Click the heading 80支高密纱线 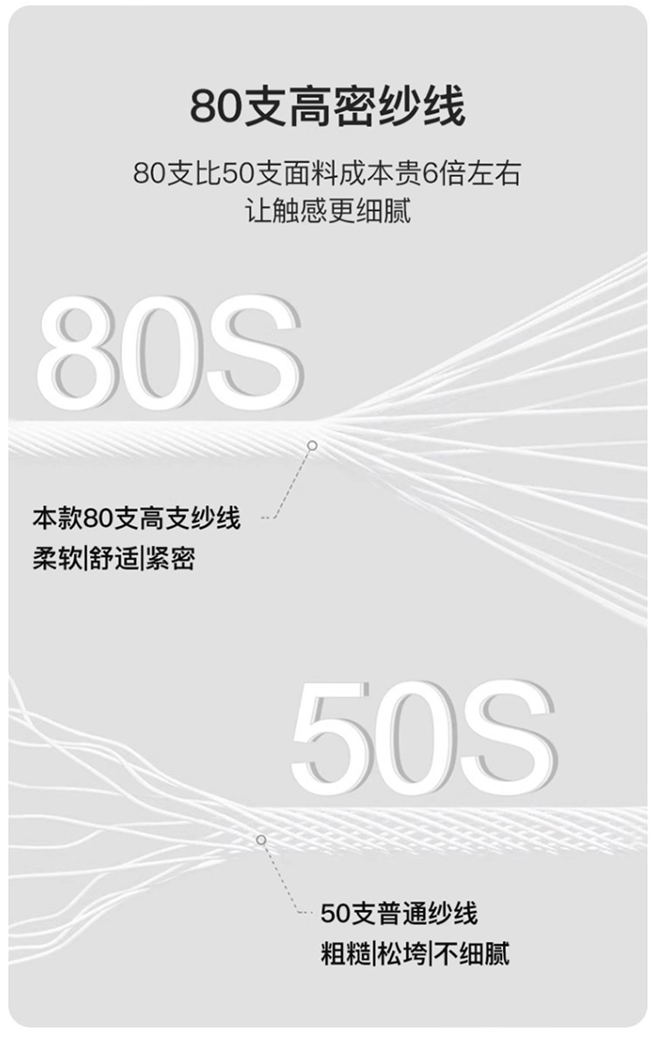pyautogui.click(x=327, y=107)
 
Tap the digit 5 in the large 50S pyautogui.click(x=334, y=737)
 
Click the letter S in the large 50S pyautogui.click(x=509, y=737)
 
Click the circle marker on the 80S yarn pyautogui.click(x=312, y=446)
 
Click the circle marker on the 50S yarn pyautogui.click(x=260, y=839)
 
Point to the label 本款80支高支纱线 pyautogui.click(x=136, y=519)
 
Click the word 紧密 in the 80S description pyautogui.click(x=169, y=558)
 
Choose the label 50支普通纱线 pyautogui.click(x=399, y=914)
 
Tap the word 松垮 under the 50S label pyautogui.click(x=403, y=954)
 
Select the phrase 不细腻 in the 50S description pyautogui.click(x=472, y=954)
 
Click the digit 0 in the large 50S pyautogui.click(x=419, y=737)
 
